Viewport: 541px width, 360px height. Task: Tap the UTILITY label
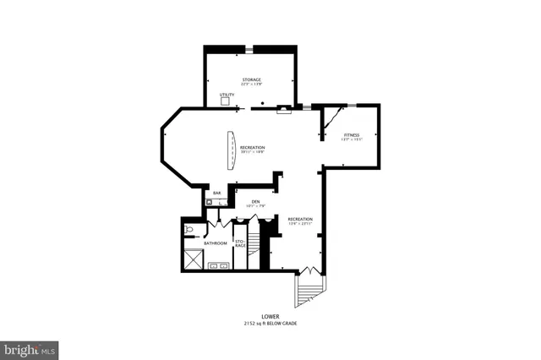[x=227, y=94]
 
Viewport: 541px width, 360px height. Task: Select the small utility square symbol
[x=226, y=101]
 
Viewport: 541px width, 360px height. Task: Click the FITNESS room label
[x=352, y=134]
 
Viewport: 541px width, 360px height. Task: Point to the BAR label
[x=217, y=194]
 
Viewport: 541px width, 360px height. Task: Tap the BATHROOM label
[x=215, y=243]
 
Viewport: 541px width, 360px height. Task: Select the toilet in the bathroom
[x=189, y=229]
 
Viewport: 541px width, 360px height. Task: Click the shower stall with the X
[x=192, y=260]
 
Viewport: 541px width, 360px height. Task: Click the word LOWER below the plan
[x=270, y=317]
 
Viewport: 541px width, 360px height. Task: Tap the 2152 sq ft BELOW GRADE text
[x=270, y=324]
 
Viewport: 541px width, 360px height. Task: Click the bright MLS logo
[x=30, y=347]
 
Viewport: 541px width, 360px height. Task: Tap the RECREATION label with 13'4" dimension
[x=300, y=219]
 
